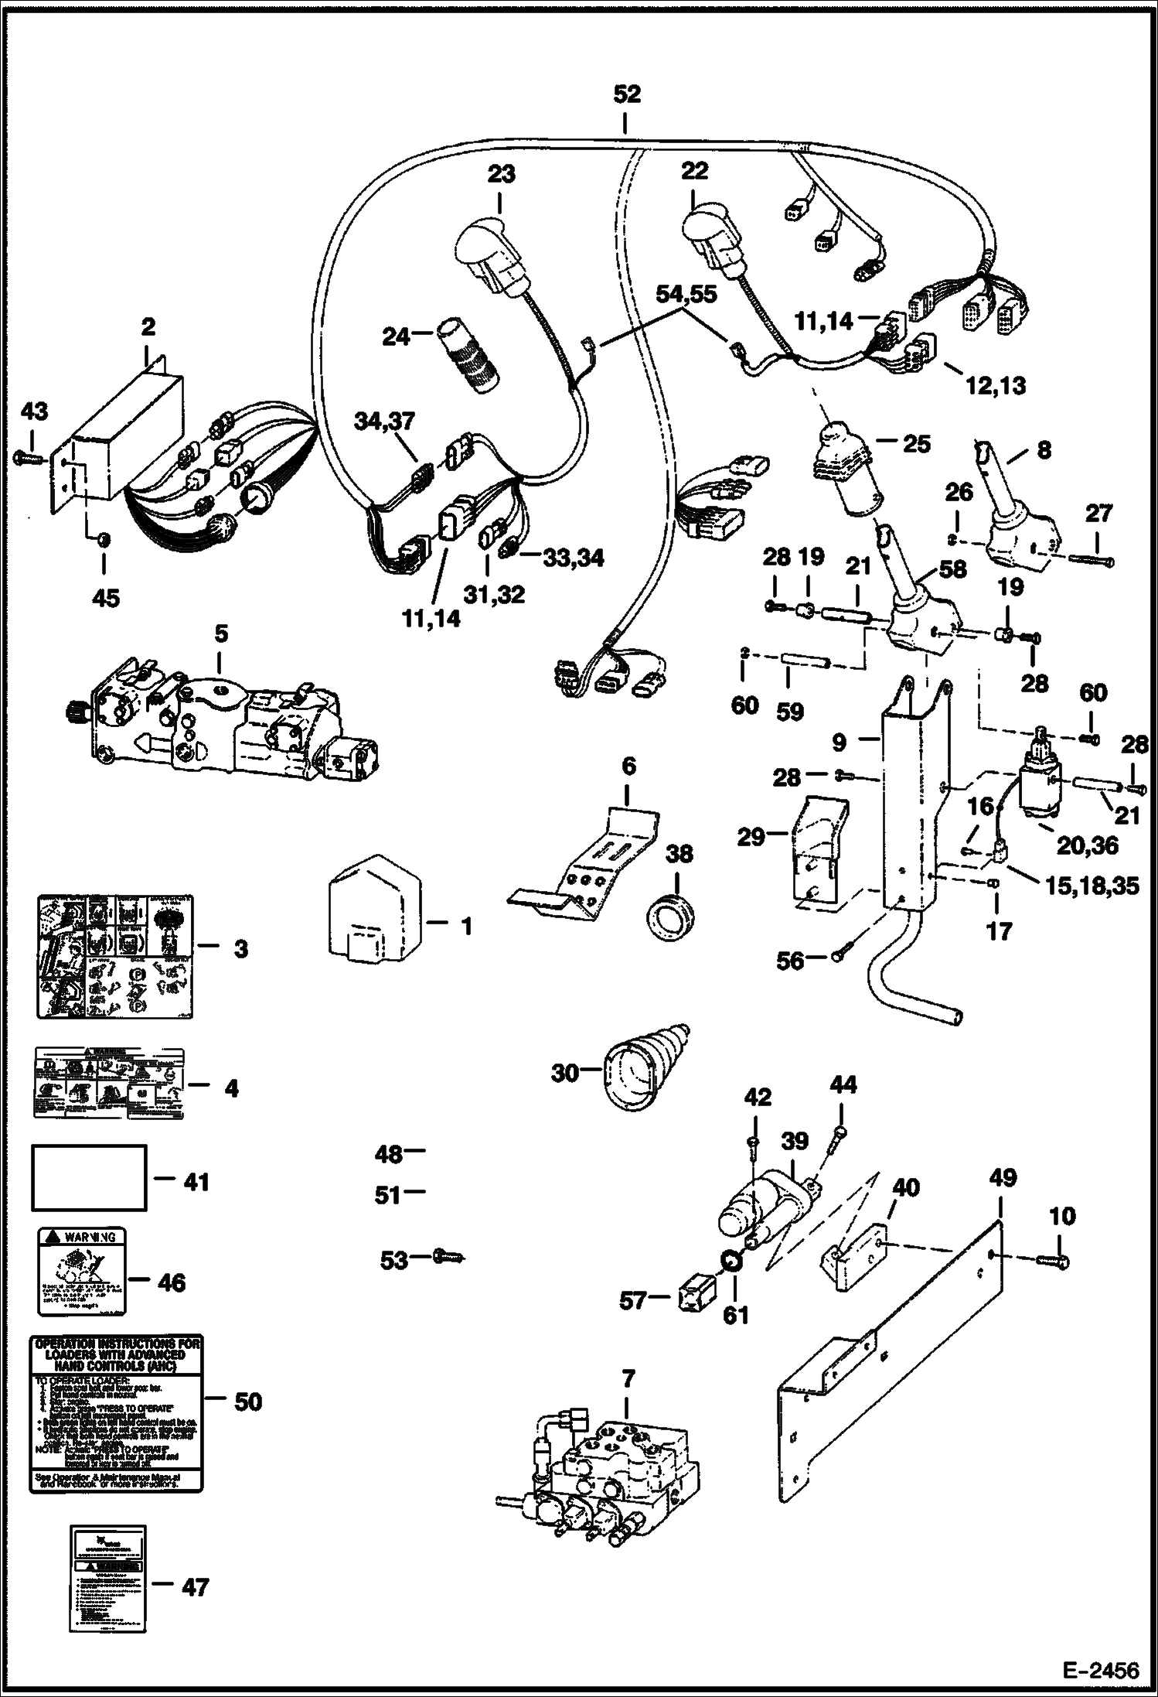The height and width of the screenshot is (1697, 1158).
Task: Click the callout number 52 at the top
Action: (x=627, y=94)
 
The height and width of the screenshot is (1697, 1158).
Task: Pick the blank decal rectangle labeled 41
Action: (x=89, y=1188)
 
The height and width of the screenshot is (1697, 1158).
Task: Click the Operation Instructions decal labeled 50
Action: (x=116, y=1413)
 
